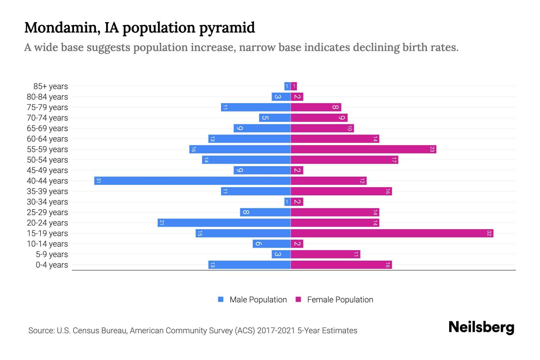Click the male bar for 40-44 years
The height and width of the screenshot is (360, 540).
(192, 181)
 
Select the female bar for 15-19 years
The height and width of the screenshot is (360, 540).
(392, 233)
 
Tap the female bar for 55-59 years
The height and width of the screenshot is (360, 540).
(363, 149)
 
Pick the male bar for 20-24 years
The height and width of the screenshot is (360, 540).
(224, 223)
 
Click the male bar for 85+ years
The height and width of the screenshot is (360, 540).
(287, 86)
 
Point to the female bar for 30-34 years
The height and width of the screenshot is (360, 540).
(297, 202)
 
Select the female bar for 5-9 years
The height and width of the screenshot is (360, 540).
(325, 254)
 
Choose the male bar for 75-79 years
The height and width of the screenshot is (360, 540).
(256, 107)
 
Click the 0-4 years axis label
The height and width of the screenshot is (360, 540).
(52, 265)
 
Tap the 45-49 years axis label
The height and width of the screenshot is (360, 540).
(47, 170)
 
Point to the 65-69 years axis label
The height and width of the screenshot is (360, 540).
(47, 128)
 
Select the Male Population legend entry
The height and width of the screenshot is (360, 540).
(252, 299)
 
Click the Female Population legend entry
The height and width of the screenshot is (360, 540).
(334, 299)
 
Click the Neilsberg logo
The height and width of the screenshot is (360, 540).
(481, 327)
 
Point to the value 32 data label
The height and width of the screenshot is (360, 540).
(489, 233)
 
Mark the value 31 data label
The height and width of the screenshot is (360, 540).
(98, 181)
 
